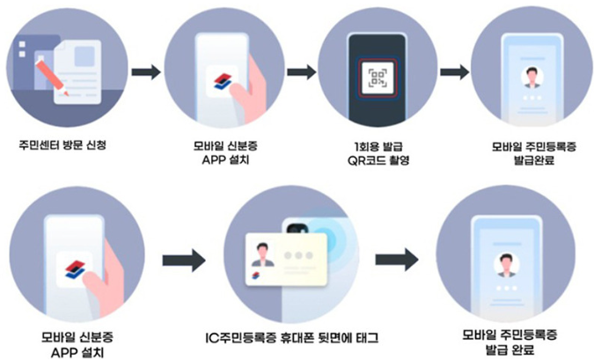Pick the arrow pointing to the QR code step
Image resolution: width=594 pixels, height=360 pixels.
coord(300,70)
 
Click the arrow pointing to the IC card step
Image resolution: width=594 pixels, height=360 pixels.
coord(184,259)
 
